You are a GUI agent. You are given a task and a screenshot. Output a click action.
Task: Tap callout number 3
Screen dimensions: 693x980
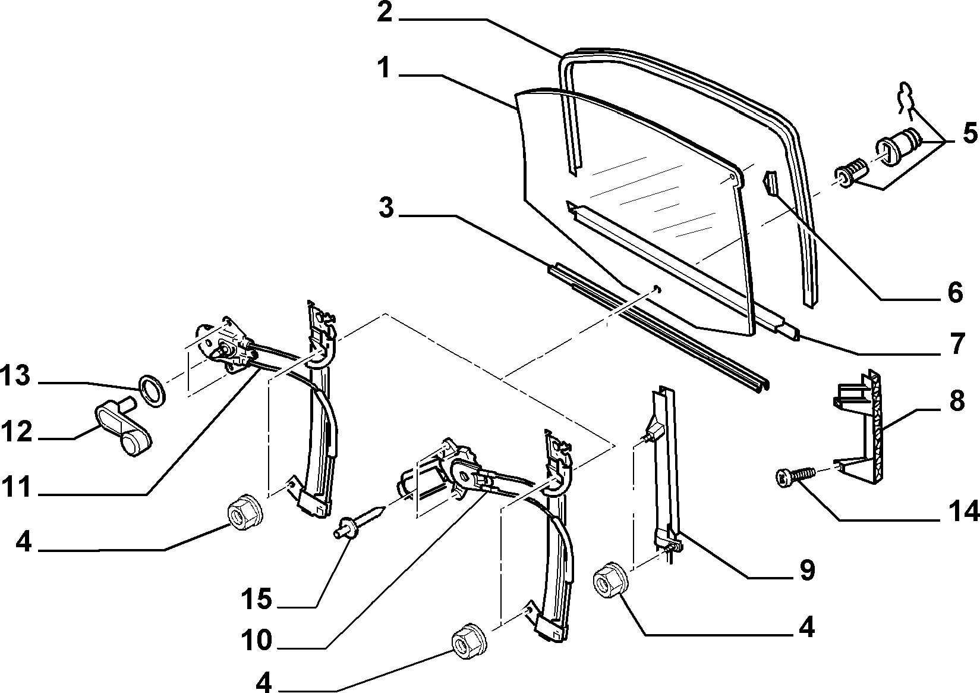point(386,209)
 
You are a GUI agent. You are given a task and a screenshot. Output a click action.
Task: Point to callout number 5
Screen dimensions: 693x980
point(969,134)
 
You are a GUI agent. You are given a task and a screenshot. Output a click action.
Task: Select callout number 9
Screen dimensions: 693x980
point(806,570)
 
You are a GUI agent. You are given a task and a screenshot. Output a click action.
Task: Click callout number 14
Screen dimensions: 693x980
point(963,511)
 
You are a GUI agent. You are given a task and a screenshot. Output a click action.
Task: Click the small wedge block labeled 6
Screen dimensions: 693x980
point(770,182)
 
